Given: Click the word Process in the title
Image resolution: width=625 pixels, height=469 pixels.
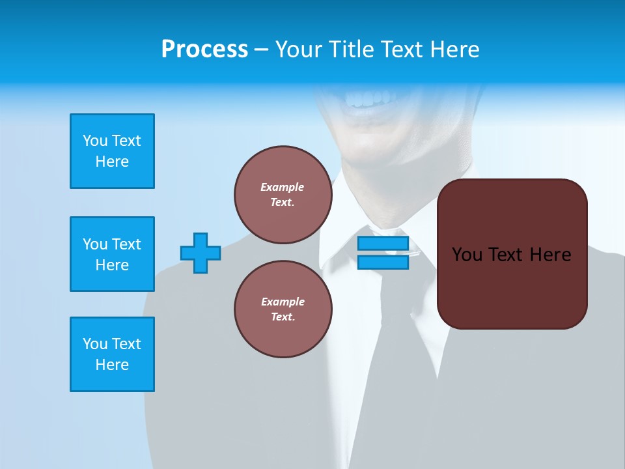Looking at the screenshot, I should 204,50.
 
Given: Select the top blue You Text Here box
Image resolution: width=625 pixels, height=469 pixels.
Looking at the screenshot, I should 112,151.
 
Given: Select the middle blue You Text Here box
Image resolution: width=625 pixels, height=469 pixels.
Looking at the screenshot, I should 112,254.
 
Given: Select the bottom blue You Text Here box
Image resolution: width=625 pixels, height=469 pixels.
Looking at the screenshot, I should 112,354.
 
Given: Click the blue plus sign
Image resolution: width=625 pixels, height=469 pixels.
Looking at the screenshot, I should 201,253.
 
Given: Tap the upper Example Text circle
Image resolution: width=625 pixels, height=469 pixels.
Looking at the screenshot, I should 283,195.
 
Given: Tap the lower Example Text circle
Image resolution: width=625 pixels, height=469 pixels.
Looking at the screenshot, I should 283,309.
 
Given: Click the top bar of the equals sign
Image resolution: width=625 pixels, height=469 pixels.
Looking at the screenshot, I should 383,244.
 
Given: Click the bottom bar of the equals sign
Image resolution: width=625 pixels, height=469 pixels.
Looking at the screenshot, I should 383,262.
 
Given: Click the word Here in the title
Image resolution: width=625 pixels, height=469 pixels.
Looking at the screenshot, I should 454,50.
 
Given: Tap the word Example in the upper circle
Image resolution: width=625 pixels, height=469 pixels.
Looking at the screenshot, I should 283,187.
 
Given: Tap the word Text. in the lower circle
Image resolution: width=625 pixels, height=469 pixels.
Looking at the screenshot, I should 283,317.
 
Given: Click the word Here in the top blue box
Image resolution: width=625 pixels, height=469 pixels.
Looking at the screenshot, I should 112,162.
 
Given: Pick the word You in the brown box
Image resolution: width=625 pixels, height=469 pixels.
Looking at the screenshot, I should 466,255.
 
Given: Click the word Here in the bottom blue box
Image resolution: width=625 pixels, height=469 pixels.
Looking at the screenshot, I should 112,365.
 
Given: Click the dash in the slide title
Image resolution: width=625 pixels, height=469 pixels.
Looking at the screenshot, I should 261,50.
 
